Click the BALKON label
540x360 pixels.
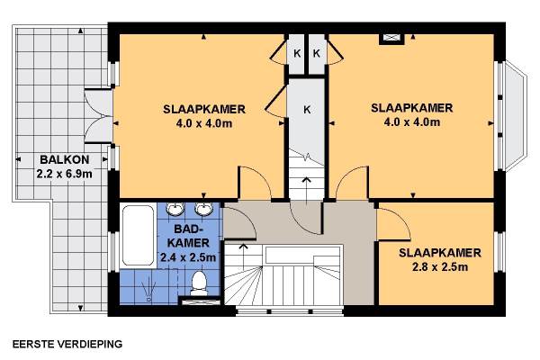pyautogui.click(x=65, y=159)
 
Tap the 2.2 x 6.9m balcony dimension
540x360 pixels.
pyautogui.click(x=65, y=174)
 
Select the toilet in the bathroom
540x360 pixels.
pyautogui.click(x=199, y=283)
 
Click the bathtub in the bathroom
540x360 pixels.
pyautogui.click(x=138, y=235)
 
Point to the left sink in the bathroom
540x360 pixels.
pyautogui.click(x=175, y=209)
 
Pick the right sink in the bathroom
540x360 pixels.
pyautogui.click(x=203, y=209)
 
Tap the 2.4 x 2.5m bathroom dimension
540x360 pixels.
pyautogui.click(x=188, y=257)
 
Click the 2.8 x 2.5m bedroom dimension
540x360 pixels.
pyautogui.click(x=440, y=267)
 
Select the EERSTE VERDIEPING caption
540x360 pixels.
pyautogui.click(x=67, y=344)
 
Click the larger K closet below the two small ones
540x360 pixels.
pyautogui.click(x=307, y=110)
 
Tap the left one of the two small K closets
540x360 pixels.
pyautogui.click(x=296, y=53)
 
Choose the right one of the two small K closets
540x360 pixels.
pyautogui.click(x=317, y=53)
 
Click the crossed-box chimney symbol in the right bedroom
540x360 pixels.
pyautogui.click(x=391, y=39)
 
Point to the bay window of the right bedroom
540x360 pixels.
pyautogui.click(x=514, y=116)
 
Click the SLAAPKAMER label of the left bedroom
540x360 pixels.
pyautogui.click(x=204, y=109)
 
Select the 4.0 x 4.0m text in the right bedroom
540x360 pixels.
pyautogui.click(x=412, y=122)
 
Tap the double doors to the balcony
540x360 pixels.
pyautogui.click(x=99, y=116)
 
